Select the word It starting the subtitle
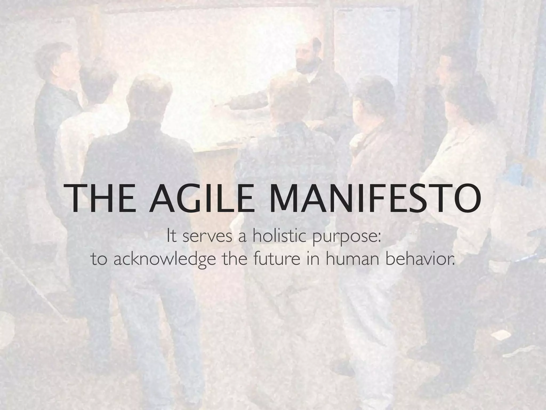(x=172, y=236)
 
